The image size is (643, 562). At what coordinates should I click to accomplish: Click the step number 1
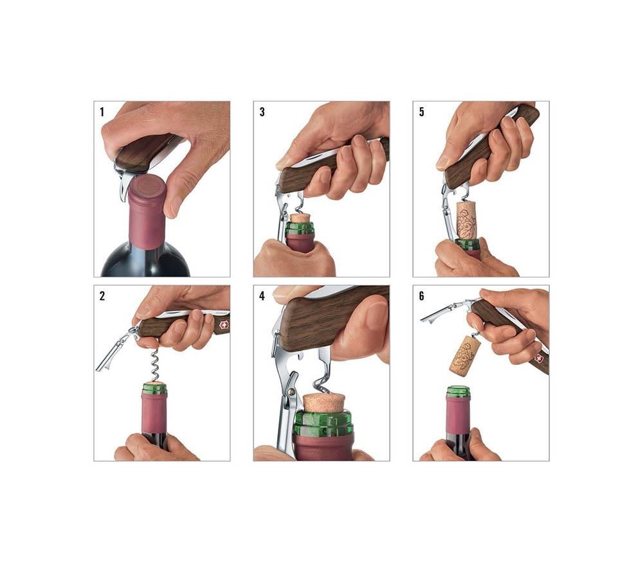(x=102, y=112)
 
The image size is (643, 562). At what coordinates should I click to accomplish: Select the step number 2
(x=102, y=296)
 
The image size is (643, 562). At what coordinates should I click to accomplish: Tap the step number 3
(x=262, y=112)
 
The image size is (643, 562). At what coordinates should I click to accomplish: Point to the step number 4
(x=262, y=296)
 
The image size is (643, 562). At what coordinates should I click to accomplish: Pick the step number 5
(x=421, y=112)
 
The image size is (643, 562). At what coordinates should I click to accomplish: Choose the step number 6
(x=421, y=296)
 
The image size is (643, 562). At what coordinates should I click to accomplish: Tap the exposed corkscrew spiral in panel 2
(x=154, y=364)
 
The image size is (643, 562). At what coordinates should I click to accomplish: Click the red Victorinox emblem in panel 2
(x=224, y=324)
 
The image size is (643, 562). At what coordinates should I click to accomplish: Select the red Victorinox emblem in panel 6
(x=538, y=358)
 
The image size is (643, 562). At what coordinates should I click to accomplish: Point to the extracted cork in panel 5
(x=466, y=220)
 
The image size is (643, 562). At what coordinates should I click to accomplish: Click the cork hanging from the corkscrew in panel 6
(x=465, y=356)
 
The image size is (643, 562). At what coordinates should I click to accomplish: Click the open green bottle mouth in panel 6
(x=458, y=390)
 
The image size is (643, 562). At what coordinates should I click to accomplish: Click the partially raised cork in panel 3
(x=299, y=218)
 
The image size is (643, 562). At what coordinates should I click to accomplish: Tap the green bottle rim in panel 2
(x=154, y=389)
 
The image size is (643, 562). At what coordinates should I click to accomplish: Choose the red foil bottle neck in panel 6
(x=458, y=415)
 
